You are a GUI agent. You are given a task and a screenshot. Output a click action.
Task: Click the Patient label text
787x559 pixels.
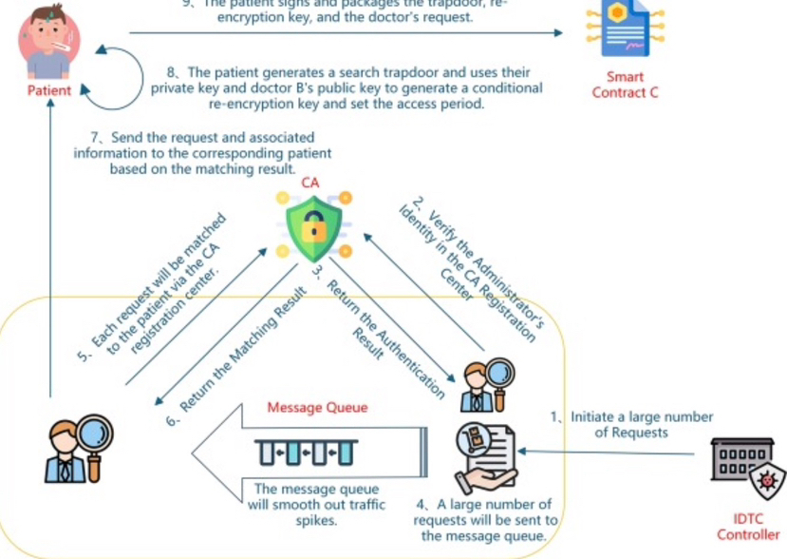tap(48, 91)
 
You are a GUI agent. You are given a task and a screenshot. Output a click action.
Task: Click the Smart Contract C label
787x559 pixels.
tap(625, 85)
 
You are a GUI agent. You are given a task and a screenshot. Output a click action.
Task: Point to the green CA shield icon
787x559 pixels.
tap(313, 225)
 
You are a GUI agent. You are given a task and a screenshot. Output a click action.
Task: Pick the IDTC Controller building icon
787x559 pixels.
tap(749, 469)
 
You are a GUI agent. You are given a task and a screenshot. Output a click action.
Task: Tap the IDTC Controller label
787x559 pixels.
tap(748, 528)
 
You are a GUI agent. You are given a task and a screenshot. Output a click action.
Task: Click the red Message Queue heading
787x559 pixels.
tap(316, 408)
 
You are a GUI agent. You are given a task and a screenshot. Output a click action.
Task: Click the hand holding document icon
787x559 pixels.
tap(485, 456)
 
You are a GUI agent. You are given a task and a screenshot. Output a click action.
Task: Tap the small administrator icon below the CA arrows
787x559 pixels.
tap(479, 387)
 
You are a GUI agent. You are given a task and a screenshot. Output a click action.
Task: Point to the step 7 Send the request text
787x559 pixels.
tap(203, 153)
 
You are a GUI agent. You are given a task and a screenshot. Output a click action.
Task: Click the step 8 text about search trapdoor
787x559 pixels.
tap(347, 88)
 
